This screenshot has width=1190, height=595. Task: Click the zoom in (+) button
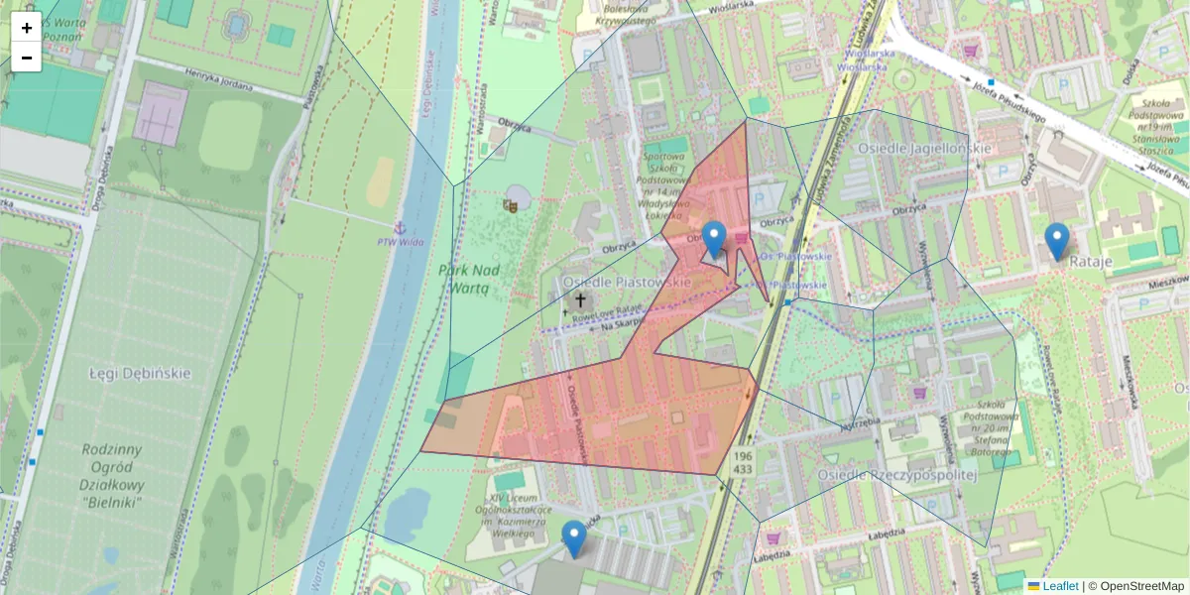pyautogui.click(x=27, y=28)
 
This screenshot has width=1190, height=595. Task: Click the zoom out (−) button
pyautogui.click(x=27, y=58)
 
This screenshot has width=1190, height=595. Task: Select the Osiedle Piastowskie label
pyautogui.click(x=627, y=283)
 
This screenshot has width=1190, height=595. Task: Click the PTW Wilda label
pyautogui.click(x=401, y=241)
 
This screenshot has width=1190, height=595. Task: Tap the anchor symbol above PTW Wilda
pyautogui.click(x=400, y=228)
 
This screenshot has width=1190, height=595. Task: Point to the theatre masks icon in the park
pyautogui.click(x=512, y=205)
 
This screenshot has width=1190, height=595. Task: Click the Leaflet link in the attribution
pyautogui.click(x=1058, y=586)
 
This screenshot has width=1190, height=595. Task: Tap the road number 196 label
pyautogui.click(x=743, y=453)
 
